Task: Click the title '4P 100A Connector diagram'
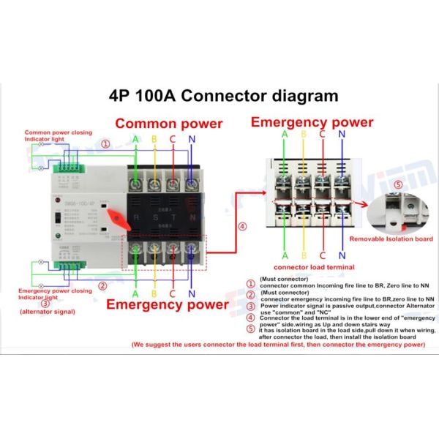pos(223,96)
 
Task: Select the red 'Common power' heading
pos(168,124)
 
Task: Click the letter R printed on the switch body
pos(135,217)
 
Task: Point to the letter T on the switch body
pos(171,217)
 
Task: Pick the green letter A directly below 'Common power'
pos(135,139)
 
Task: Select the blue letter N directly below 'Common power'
pos(191,139)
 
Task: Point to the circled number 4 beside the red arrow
pos(241,226)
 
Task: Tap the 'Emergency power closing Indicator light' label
pos(55,294)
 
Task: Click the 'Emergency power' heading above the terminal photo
pos(312,121)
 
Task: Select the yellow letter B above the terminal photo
pos(304,135)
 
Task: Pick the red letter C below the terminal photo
pos(323,255)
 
